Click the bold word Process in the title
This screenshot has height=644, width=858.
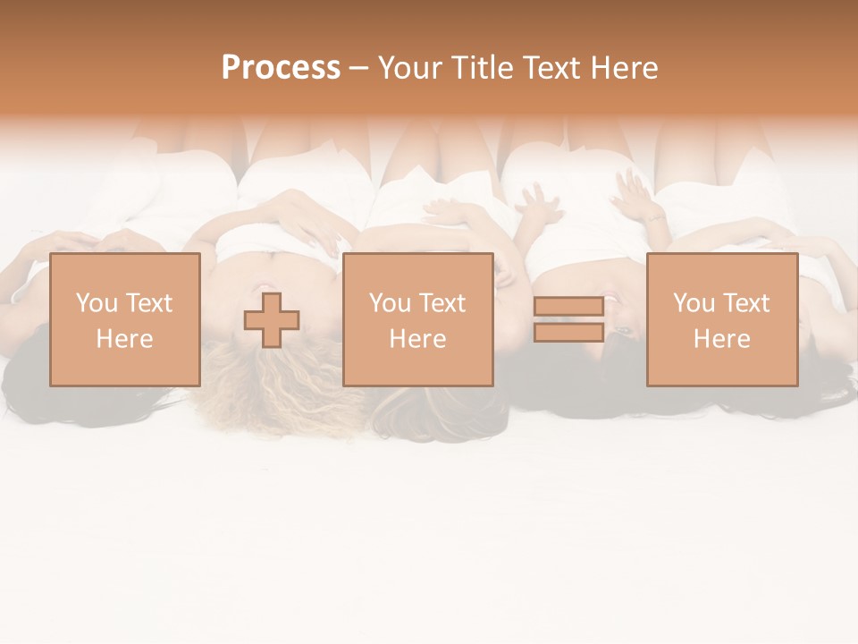tap(281, 68)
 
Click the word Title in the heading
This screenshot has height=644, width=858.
tap(481, 68)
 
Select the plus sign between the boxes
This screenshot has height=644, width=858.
tap(272, 320)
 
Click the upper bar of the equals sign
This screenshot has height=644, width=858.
tap(568, 307)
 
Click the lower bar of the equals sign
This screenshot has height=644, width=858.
tap(568, 333)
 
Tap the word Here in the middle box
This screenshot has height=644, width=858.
tap(418, 339)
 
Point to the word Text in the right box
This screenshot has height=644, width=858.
tap(746, 303)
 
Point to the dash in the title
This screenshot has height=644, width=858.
tap(359, 68)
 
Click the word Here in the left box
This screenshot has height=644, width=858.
tap(125, 339)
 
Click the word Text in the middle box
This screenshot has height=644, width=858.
tap(442, 303)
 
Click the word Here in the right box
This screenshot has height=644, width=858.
tap(722, 339)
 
